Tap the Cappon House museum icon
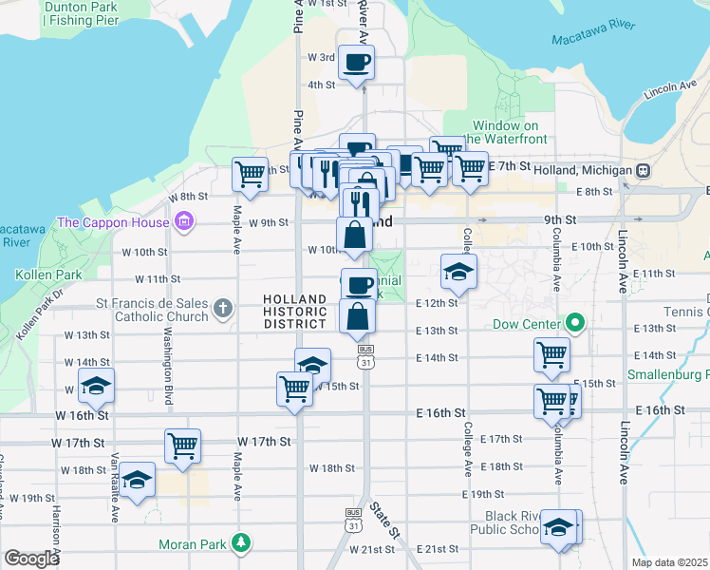pyautogui.click(x=184, y=223)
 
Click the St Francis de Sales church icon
pyautogui.click(x=222, y=307)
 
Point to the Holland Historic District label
pyautogui.click(x=295, y=312)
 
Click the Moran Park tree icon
pyautogui.click(x=242, y=542)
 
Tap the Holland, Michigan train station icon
pyautogui.click(x=643, y=170)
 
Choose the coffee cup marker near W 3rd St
pyautogui.click(x=357, y=64)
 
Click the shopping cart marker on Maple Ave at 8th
pyautogui.click(x=250, y=174)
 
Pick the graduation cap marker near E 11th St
pyautogui.click(x=458, y=271)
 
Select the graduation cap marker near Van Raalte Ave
pyautogui.click(x=138, y=481)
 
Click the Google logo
pyautogui.click(x=31, y=559)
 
